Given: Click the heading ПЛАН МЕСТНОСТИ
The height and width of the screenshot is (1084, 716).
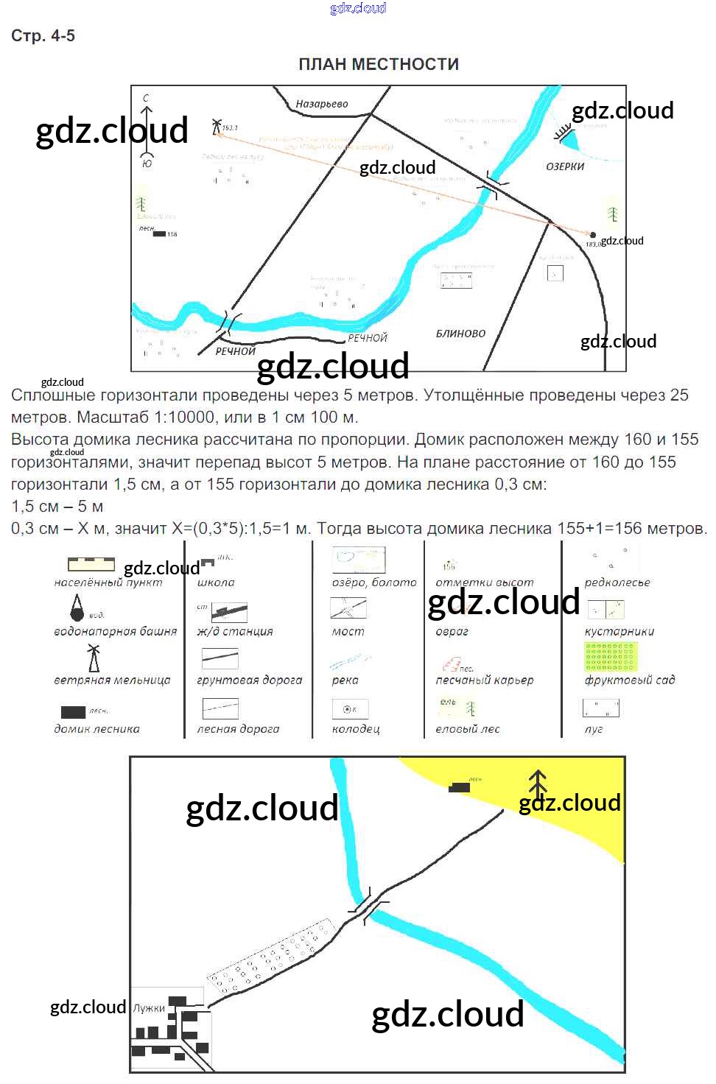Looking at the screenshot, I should [379, 65].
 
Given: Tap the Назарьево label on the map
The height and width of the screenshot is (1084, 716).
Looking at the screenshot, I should [322, 104].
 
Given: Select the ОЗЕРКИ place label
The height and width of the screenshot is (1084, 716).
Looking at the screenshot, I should [565, 166].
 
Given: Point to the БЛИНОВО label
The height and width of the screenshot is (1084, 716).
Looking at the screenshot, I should [460, 334].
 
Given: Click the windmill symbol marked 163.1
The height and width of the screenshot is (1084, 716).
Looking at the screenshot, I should [217, 126].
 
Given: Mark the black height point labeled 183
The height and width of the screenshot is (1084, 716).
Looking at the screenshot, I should [593, 236].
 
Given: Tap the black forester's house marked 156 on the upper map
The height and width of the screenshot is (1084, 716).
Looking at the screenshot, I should [159, 234].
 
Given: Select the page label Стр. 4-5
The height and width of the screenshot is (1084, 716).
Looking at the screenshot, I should [43, 36].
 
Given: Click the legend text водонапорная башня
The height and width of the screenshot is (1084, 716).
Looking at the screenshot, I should [115, 631].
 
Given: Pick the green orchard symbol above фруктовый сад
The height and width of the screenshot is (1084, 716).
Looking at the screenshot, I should [611, 657].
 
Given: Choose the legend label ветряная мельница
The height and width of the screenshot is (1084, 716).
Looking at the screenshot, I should [112, 680].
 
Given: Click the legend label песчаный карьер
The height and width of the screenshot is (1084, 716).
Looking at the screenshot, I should [484, 680].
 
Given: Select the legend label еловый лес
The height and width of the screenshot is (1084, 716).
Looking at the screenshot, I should [467, 729].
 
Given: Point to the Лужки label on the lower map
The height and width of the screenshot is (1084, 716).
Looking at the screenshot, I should [149, 1008].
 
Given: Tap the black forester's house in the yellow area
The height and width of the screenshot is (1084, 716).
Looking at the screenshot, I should [460, 787].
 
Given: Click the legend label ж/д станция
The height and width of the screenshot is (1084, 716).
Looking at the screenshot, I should [235, 631].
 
